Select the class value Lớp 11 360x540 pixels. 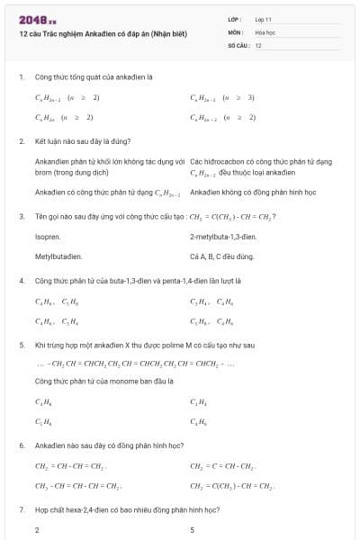tap(263, 18)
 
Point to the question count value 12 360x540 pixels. tap(258, 44)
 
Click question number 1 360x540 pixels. tap(21, 77)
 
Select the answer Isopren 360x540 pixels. tap(47, 236)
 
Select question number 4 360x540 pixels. tap(21, 280)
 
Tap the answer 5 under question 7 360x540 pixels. tap(193, 529)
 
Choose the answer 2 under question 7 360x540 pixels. tap(37, 529)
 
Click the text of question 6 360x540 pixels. tap(109, 445)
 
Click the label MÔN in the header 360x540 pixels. tap(236, 31)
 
